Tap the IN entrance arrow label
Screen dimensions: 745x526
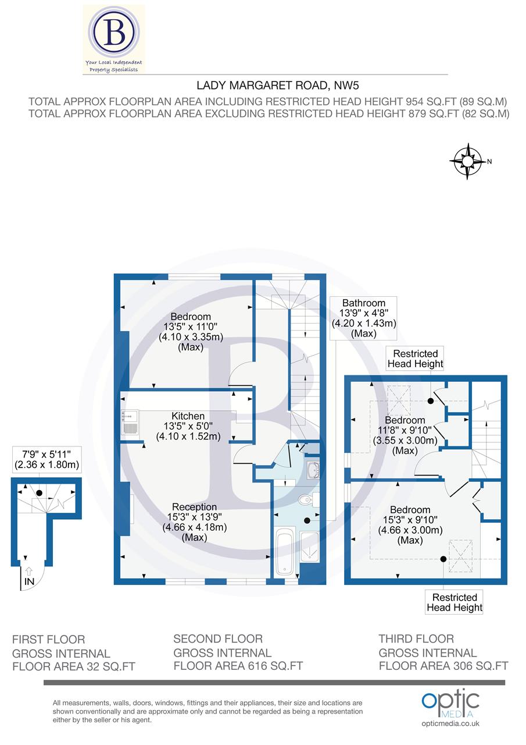click(28, 581)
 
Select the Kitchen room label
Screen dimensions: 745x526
click(187, 416)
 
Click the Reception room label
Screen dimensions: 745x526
click(194, 507)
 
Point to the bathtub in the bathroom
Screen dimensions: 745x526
click(285, 551)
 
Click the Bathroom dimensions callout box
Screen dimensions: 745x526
click(363, 318)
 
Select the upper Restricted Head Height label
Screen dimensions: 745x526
click(415, 359)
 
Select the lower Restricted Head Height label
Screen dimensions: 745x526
click(454, 602)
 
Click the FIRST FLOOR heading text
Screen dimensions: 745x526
click(48, 640)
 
